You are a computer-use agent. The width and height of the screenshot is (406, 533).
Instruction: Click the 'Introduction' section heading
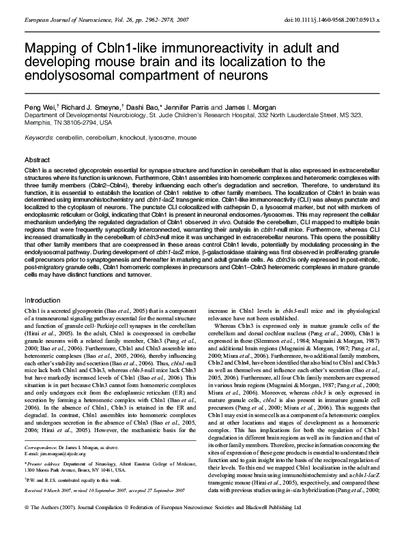[x=42, y=300]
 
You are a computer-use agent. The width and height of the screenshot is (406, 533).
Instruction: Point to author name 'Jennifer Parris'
[x=199, y=108]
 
